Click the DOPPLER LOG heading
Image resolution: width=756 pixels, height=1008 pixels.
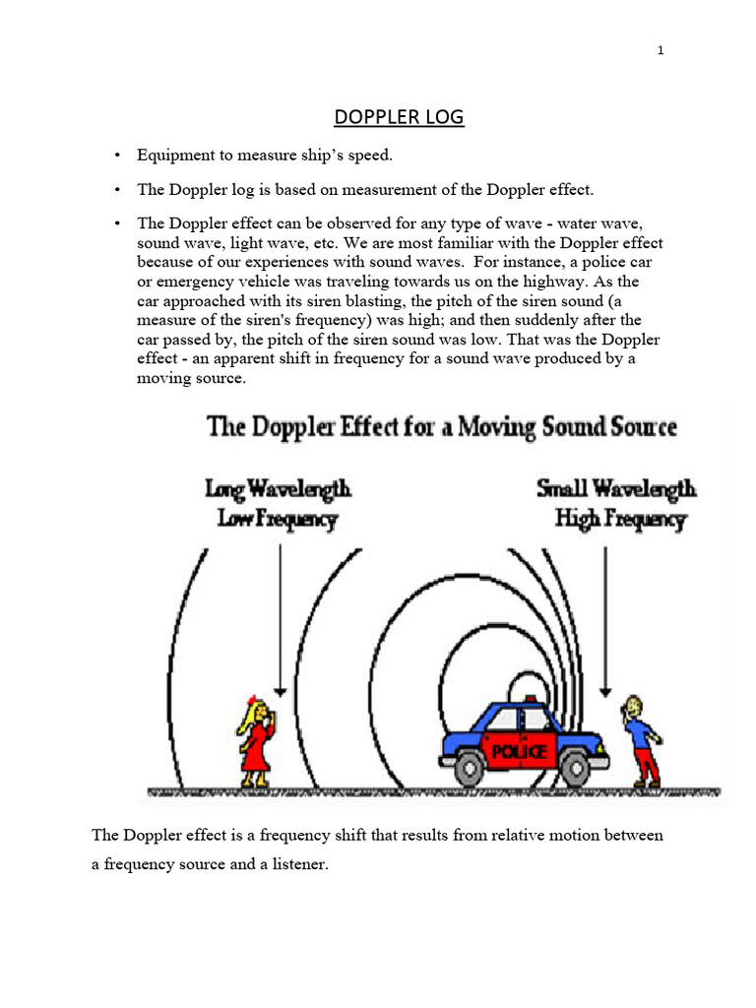[399, 118]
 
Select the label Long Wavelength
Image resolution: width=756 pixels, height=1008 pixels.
[278, 488]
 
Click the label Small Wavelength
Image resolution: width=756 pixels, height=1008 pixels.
[616, 488]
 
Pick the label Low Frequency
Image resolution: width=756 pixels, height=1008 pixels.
[278, 519]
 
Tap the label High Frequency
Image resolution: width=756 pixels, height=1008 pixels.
[620, 519]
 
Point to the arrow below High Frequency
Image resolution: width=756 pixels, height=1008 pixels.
[604, 615]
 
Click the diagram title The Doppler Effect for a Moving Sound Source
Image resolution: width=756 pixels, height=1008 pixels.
[440, 427]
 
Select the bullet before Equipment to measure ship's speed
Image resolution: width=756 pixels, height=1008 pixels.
[116, 156]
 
